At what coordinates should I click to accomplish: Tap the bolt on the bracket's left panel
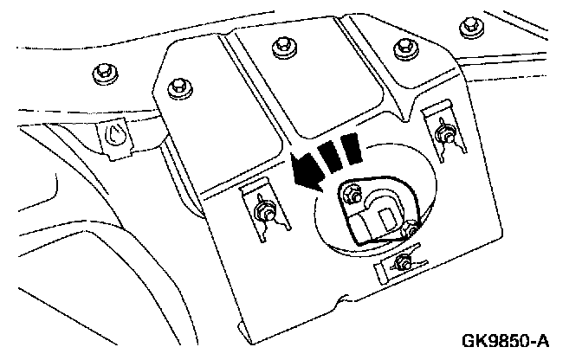pyautogui.click(x=180, y=86)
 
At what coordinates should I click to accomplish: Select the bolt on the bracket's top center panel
pyautogui.click(x=281, y=48)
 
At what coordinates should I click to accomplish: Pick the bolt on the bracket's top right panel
pyautogui.click(x=400, y=48)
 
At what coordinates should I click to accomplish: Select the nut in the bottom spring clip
pyautogui.click(x=402, y=261)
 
